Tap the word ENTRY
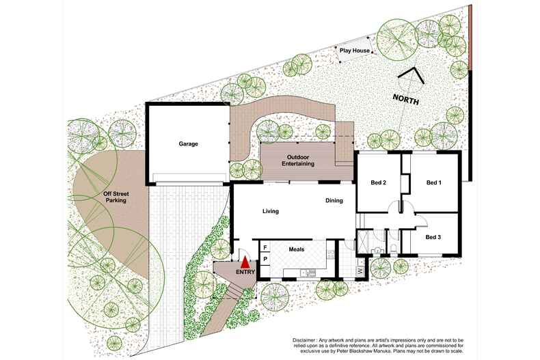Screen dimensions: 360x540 pos(245,273)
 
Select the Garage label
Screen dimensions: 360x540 pos(189,145)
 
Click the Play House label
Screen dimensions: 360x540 pos(355,51)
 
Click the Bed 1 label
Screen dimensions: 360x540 pos(434,182)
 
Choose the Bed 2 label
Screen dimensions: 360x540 pos(379,182)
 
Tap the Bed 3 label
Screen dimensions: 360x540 pos(433,237)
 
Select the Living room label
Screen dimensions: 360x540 pos(271,211)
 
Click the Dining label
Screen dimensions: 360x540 pos(334,201)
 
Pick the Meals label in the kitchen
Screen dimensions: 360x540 pos(296,249)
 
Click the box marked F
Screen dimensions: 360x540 pos(265,247)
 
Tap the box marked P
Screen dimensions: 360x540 pos(265,260)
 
